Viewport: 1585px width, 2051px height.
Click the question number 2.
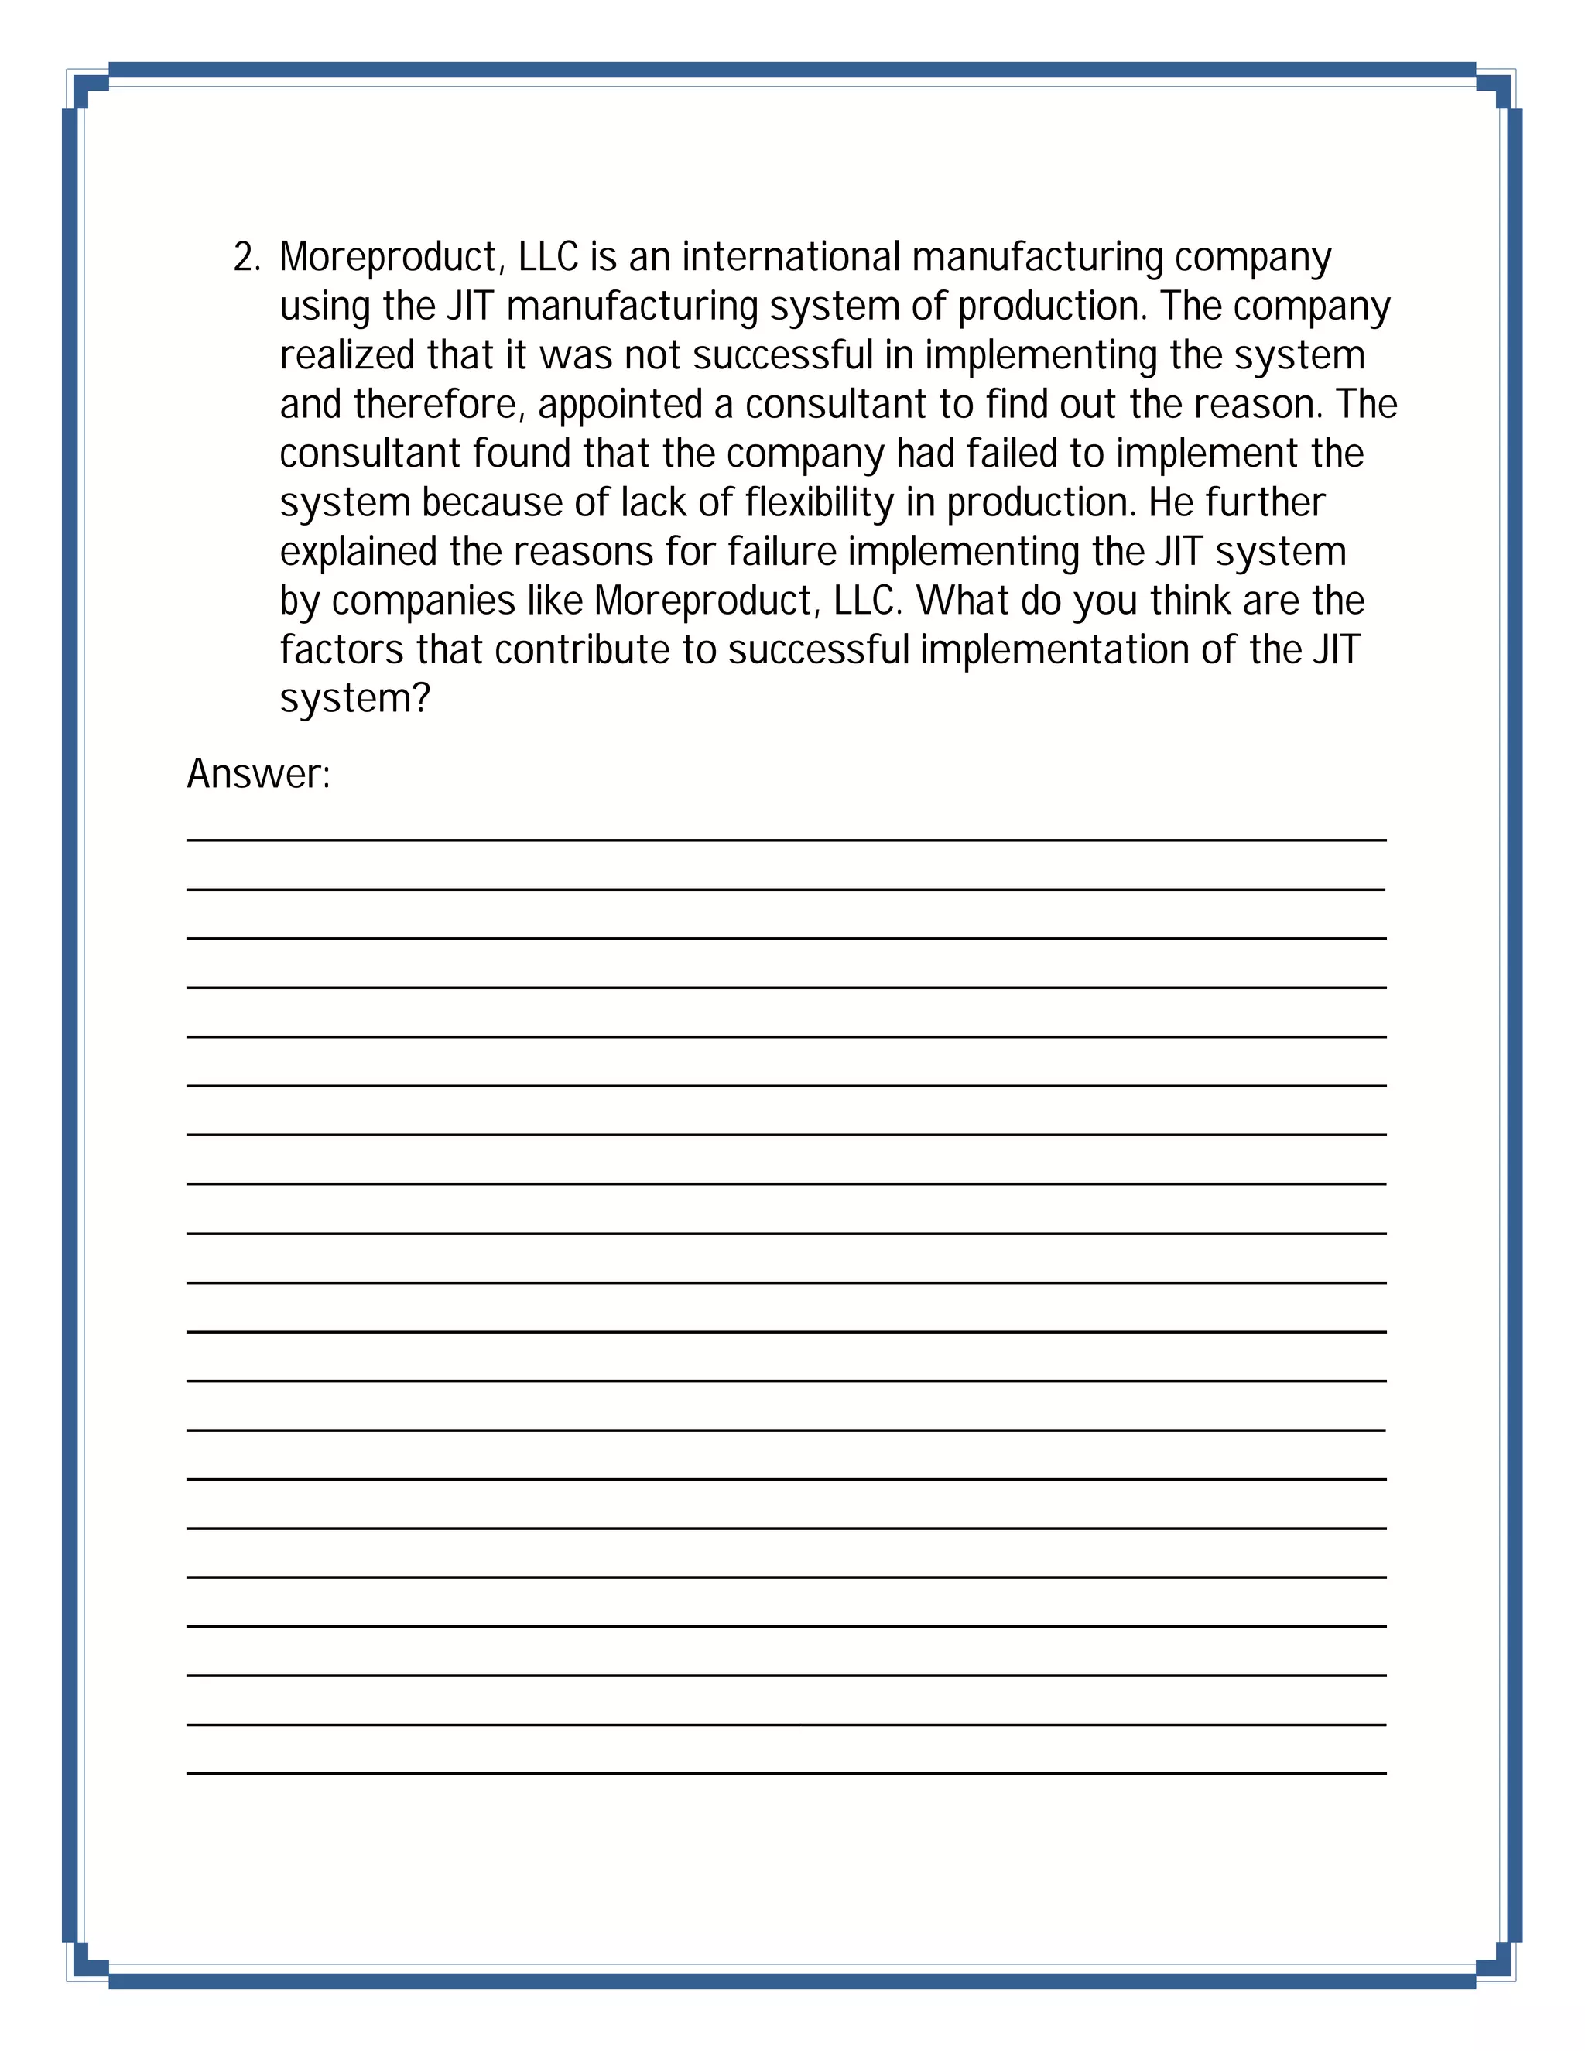point(246,257)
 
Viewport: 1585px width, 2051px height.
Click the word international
point(791,257)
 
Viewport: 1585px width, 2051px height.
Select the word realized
point(347,355)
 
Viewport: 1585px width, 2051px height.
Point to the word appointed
point(620,405)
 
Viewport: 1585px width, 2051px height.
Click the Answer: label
point(258,775)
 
